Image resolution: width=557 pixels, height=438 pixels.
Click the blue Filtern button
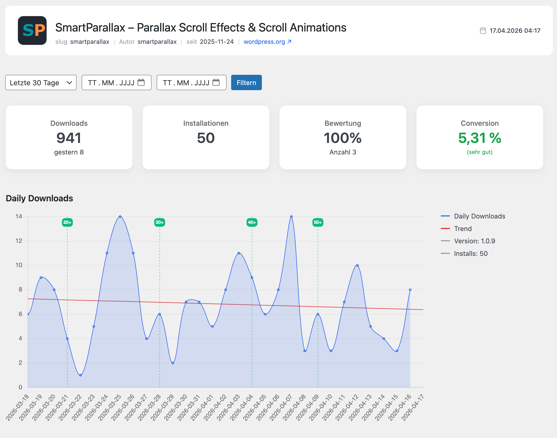[246, 82]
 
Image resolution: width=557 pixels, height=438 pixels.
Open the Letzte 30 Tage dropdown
[41, 82]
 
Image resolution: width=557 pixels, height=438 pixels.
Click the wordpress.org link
[267, 42]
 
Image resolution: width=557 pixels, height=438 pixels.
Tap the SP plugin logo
[32, 30]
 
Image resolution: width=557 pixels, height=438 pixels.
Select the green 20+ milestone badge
[67, 222]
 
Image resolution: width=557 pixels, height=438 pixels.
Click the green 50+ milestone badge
[318, 222]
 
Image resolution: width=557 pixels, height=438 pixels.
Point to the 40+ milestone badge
[252, 222]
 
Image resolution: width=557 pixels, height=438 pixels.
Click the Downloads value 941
[69, 138]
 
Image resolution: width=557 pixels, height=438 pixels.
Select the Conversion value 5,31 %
[480, 138]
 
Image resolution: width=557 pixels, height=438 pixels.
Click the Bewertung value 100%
[343, 138]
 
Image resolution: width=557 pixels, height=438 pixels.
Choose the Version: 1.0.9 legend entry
[468, 241]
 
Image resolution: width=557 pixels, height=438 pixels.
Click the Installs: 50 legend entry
[464, 253]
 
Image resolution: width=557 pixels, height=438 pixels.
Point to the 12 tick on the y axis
[19, 241]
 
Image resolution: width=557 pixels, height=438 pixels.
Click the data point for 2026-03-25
[120, 217]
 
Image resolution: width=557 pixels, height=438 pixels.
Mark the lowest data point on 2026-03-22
[80, 375]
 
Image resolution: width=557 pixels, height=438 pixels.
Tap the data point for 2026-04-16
[410, 290]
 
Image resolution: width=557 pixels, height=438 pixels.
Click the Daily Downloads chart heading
[39, 198]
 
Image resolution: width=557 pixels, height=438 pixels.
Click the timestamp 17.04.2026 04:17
[515, 30]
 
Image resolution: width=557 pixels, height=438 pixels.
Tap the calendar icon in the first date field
[141, 82]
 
